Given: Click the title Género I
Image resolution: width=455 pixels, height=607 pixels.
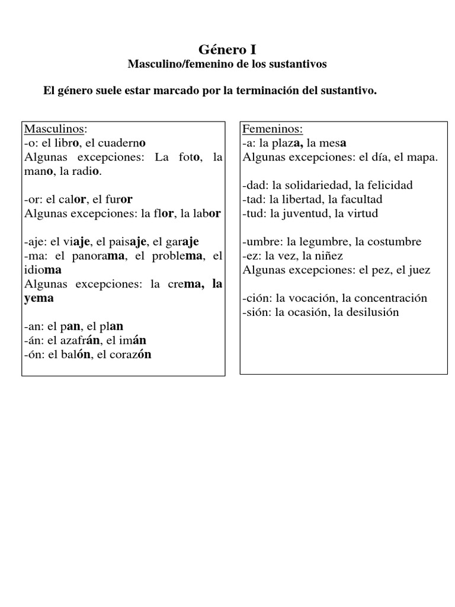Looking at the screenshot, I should coord(227,49).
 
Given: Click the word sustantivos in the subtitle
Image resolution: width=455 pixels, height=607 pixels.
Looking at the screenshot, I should coord(294,63).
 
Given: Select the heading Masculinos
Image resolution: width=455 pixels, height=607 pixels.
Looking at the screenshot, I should coord(55,129).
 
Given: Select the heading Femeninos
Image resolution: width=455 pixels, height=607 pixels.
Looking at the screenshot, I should coord(273,129).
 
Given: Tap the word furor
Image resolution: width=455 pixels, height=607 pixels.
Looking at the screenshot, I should coord(120,199).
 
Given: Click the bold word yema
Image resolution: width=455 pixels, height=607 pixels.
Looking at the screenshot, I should coord(39,298).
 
